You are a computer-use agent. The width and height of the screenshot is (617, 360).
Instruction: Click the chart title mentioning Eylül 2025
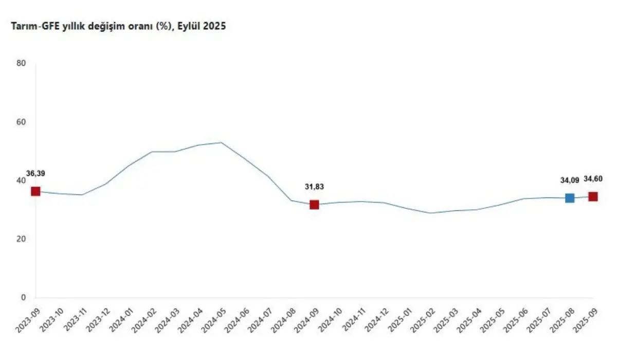coord(116,26)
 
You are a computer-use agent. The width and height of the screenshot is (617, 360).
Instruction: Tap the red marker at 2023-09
coord(35,191)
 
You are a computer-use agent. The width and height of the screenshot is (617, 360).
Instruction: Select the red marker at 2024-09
coord(314,205)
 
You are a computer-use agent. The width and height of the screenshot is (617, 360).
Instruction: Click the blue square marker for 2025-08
coord(570,198)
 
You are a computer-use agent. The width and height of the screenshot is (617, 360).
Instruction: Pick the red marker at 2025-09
coord(593,196)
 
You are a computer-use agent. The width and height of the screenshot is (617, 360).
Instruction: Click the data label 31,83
coord(314,187)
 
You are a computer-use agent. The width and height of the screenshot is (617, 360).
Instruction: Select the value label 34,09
coord(570,181)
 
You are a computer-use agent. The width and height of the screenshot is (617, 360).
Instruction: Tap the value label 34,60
coord(593,179)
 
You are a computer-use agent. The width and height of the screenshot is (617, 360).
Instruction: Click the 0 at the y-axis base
coord(23,298)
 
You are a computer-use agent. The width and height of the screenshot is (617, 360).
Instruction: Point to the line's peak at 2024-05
coord(221,142)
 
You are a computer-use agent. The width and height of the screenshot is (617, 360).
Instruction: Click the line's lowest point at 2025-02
coord(430,213)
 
